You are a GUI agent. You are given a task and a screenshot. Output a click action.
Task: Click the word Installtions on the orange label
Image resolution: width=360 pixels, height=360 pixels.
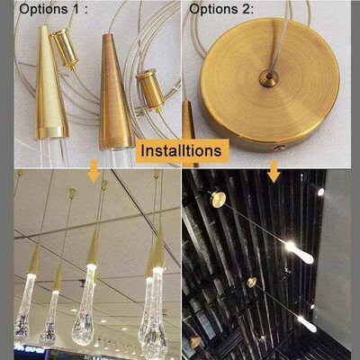(x=180, y=150)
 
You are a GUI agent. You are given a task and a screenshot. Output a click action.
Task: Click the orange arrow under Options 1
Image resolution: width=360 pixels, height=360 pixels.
(x=94, y=169)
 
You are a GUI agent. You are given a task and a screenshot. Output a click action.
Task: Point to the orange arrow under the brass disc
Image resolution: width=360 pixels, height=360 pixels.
(x=274, y=169)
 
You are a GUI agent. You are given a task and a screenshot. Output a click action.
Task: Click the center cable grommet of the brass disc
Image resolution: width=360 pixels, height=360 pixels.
(x=268, y=78)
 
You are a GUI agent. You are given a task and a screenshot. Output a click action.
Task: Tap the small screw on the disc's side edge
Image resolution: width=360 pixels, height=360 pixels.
(x=279, y=146)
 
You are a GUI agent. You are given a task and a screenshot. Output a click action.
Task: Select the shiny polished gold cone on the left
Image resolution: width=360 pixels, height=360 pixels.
(x=53, y=85)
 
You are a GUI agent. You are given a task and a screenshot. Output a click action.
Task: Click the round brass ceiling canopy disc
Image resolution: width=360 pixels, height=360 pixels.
(x=270, y=85)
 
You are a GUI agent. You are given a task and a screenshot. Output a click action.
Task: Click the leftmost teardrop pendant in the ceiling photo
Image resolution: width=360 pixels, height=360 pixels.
(x=24, y=315)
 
